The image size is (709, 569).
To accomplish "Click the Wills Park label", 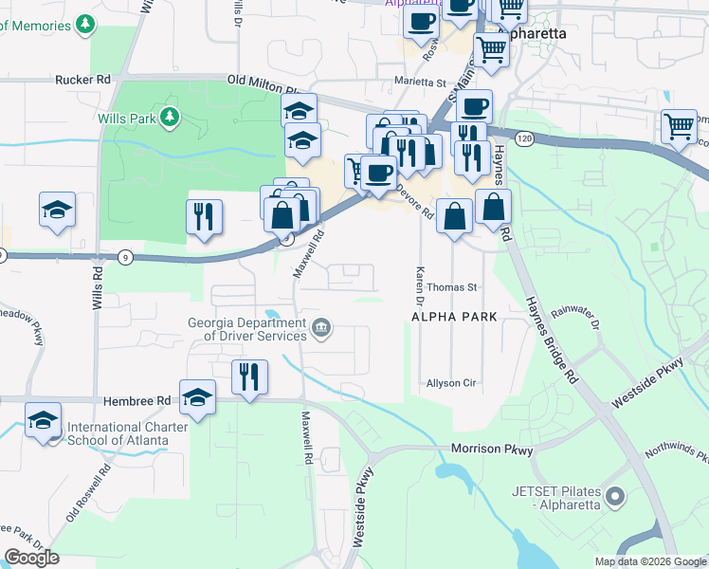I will [128, 118].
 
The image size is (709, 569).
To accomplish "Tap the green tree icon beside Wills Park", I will [170, 117].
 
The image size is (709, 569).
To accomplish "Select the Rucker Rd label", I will [83, 80].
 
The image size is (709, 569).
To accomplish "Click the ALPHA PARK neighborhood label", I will [454, 316].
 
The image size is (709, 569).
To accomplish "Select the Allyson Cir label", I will [450, 383].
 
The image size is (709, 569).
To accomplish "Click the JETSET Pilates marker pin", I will [615, 496].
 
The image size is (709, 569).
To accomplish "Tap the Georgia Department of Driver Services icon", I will [321, 328].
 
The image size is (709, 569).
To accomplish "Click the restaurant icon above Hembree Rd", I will [250, 377].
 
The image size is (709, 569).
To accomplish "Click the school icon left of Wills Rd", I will [57, 211].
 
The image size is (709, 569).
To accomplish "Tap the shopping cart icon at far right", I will [679, 126].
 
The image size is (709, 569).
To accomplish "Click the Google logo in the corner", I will [31, 558].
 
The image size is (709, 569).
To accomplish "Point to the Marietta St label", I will [419, 82].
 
